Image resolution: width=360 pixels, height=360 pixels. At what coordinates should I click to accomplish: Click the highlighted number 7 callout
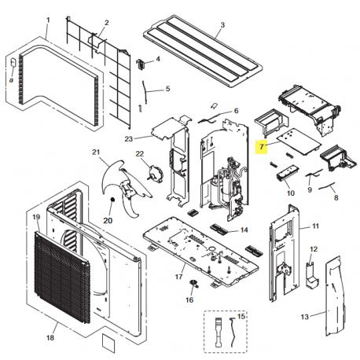coord(262,147)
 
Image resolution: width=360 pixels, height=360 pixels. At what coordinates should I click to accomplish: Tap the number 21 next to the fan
coord(96,152)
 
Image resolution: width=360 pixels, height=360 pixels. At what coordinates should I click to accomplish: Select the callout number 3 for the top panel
coord(222,25)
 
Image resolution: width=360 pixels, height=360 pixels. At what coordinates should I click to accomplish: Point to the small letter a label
coord(11,80)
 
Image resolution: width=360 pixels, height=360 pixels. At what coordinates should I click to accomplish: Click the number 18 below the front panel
coord(50,338)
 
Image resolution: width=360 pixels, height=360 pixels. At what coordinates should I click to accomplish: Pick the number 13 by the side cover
coord(304,317)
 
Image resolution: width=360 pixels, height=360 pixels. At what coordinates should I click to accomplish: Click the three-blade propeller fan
coord(126,187)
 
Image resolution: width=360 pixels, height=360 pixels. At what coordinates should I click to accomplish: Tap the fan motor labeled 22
coord(155,173)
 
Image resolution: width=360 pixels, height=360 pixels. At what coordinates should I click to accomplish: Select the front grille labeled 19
coord(62,277)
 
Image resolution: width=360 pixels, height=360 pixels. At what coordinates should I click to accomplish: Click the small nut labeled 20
coord(113,200)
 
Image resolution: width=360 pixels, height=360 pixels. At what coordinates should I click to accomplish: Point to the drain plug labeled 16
coord(193,283)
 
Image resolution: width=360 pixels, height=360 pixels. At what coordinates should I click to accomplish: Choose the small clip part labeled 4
coord(141,64)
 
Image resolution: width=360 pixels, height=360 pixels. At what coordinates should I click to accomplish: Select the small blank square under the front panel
coord(108,343)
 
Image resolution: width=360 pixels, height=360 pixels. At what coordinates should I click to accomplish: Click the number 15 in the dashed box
coord(241,316)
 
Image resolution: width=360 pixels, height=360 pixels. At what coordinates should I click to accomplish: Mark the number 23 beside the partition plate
coord(129,138)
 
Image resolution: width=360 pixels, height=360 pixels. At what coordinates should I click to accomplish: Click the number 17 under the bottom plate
coord(178,277)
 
